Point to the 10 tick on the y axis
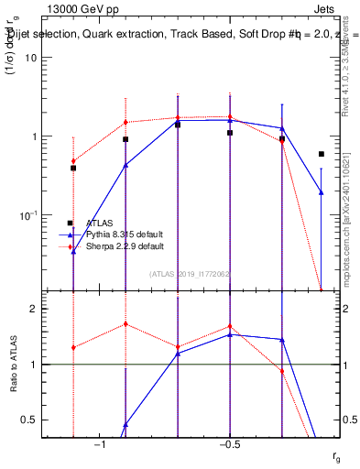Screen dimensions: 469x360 pos(30,58)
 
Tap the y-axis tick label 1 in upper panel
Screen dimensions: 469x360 pos(33,136)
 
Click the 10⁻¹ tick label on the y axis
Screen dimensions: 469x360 pos(28,215)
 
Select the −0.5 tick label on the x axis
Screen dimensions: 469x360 pos(229,445)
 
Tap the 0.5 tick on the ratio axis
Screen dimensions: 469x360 pos(29,420)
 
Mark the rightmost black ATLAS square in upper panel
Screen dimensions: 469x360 pos(321,154)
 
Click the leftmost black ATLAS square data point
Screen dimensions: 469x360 pos(73,169)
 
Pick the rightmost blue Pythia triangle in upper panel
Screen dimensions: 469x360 pos(321,192)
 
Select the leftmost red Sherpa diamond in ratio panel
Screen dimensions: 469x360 pos(73,347)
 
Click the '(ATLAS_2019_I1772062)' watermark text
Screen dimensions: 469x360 pos(190,273)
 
